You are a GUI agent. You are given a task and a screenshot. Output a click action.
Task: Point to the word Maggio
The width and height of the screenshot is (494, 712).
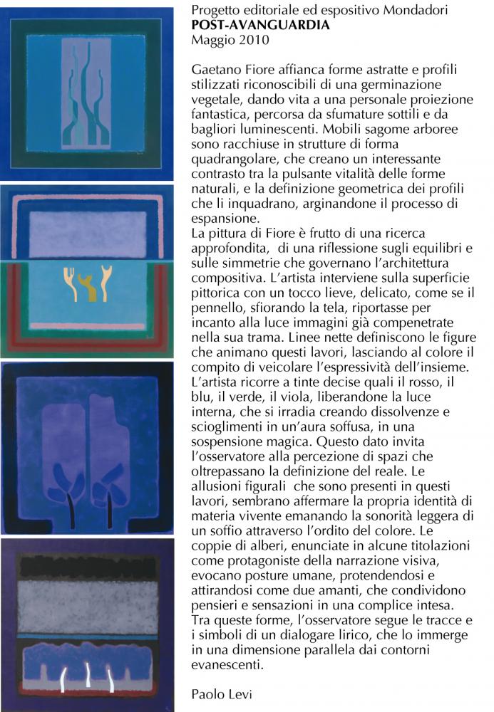(212, 40)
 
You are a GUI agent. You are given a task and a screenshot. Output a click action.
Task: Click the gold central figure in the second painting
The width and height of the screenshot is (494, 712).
(89, 288)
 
